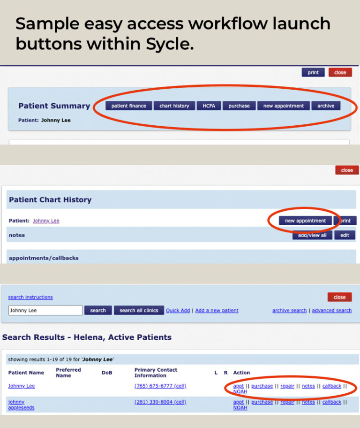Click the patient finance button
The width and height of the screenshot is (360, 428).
[x=128, y=106]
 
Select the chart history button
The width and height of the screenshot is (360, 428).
[x=174, y=106]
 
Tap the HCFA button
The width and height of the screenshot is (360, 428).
[x=209, y=106]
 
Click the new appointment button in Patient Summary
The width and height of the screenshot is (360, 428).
[x=283, y=106]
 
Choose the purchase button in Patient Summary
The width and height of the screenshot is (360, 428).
[x=239, y=106]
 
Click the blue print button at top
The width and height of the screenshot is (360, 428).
[x=313, y=73]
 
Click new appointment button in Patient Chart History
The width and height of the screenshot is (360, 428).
[x=305, y=221]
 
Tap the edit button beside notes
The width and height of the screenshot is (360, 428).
[x=345, y=235]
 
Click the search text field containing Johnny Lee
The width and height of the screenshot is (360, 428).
[x=45, y=310]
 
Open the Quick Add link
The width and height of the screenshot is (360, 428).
[x=178, y=310]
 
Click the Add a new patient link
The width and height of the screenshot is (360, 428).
[x=217, y=310]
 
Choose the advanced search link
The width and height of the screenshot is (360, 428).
[x=331, y=310]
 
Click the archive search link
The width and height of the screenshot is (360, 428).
[x=289, y=310]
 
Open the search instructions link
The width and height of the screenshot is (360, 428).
[x=30, y=297]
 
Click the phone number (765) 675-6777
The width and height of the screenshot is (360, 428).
[x=160, y=386]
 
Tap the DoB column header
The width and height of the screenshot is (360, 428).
[x=107, y=373]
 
